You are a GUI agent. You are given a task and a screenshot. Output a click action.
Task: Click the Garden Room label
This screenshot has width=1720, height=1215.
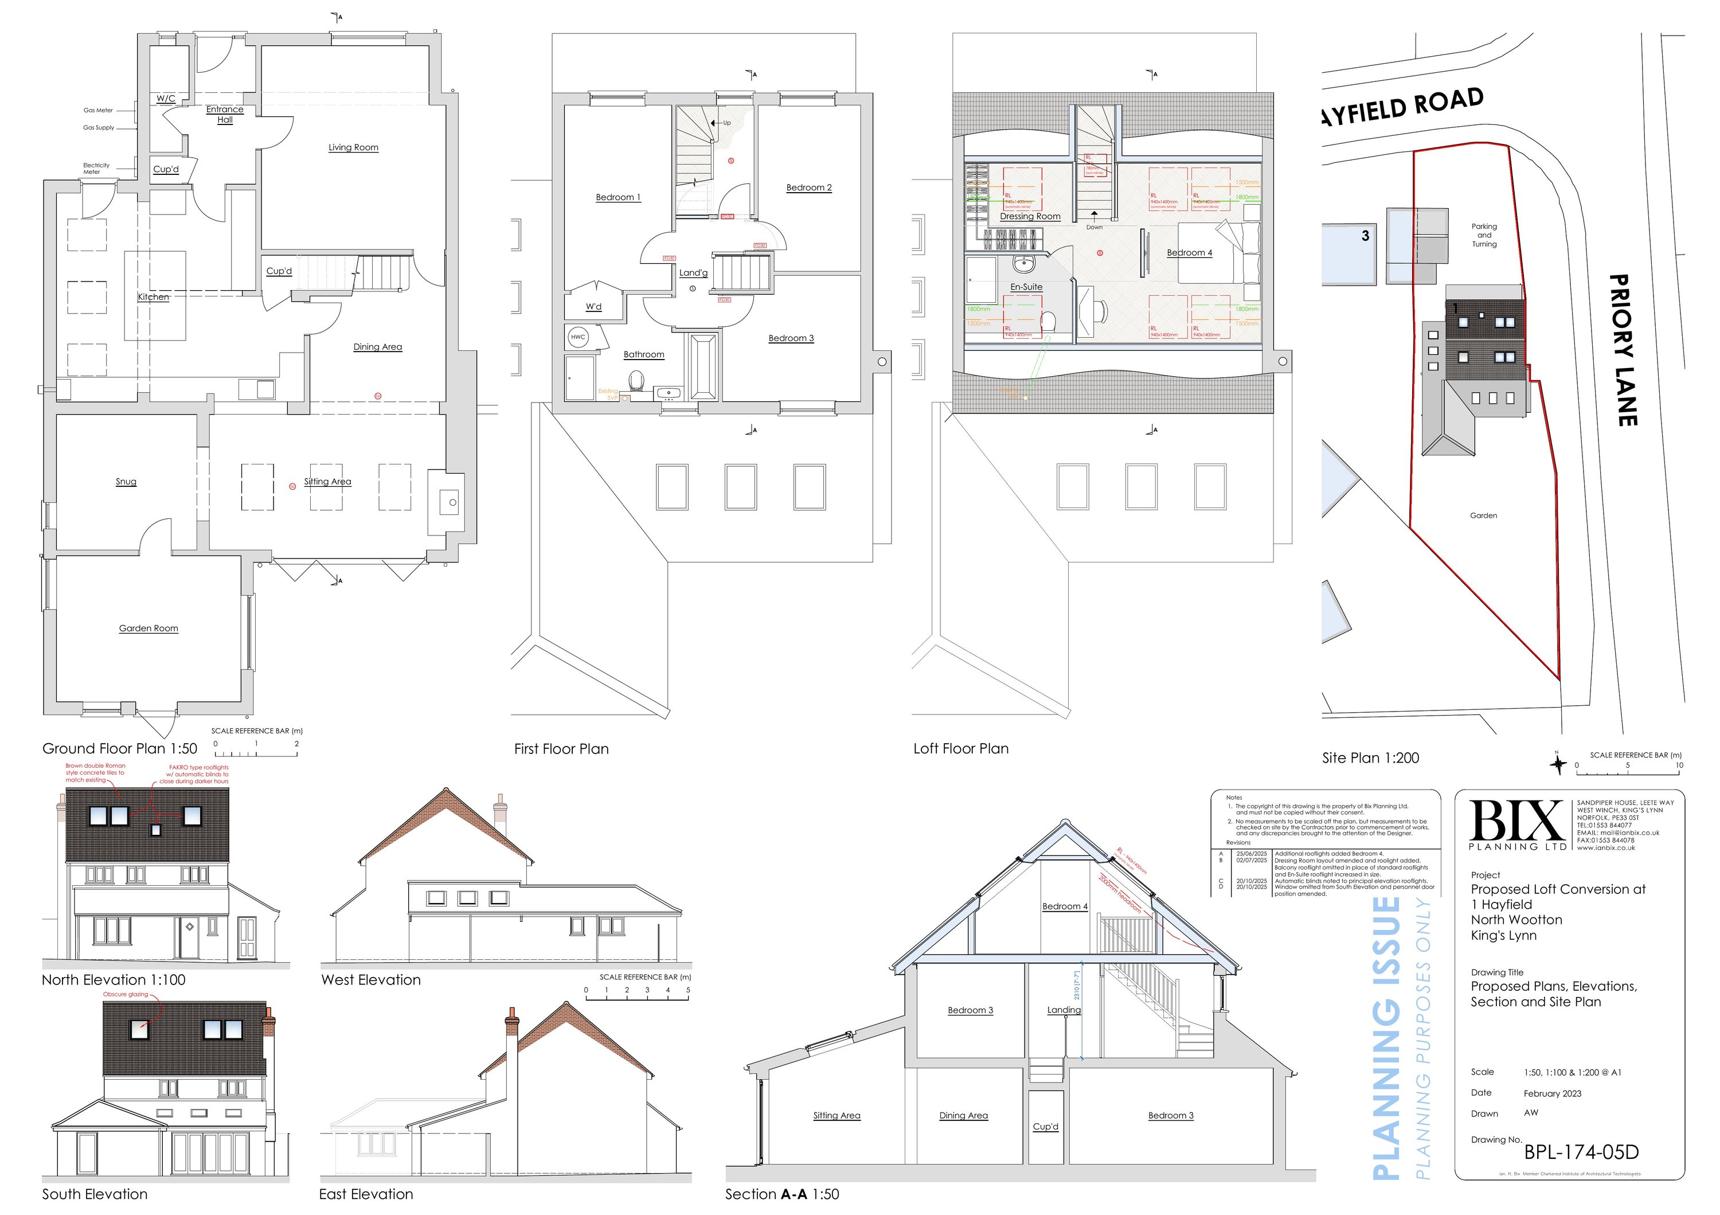[x=148, y=628]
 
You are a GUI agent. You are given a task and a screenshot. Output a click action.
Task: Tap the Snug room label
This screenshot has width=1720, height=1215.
[x=126, y=482]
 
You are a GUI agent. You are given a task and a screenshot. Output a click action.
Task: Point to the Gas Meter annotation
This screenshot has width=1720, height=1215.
[x=98, y=110]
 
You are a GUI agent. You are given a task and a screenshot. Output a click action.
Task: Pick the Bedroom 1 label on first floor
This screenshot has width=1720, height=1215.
[x=618, y=198]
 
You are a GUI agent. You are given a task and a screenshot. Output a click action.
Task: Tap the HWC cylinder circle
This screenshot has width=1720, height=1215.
[x=577, y=337]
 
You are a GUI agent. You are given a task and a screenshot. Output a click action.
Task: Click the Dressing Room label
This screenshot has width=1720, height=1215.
[x=1030, y=217]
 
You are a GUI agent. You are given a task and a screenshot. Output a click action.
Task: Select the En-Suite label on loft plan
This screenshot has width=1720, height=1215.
[x=1026, y=287]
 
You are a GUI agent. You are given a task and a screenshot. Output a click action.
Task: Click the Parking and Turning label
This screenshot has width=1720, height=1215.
[x=1484, y=235]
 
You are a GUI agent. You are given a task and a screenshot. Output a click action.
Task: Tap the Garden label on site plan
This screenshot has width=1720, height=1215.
[x=1483, y=515]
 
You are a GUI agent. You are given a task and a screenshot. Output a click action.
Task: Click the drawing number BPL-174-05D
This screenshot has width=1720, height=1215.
[x=1581, y=1152]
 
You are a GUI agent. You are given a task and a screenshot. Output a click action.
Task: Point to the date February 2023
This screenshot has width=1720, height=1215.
[x=1552, y=1093]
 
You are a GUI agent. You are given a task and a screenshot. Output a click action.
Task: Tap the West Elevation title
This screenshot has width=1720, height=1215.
[x=371, y=980]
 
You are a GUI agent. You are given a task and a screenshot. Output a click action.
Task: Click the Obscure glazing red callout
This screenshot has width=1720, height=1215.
[x=126, y=995]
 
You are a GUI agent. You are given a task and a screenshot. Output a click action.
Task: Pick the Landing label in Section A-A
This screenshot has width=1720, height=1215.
[x=1064, y=1010]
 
